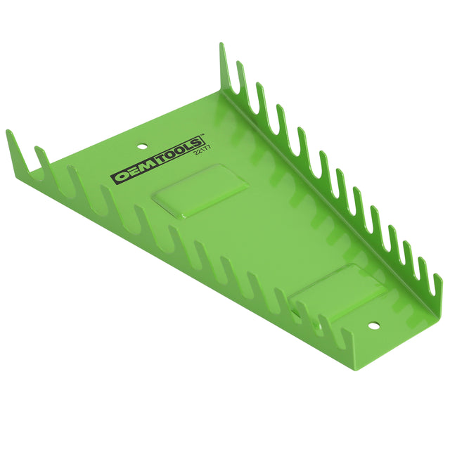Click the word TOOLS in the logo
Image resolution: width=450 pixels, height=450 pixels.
click(x=179, y=151)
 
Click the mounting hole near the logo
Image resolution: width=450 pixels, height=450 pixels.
click(x=141, y=147)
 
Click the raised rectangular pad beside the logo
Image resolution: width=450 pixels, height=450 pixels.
click(x=200, y=190)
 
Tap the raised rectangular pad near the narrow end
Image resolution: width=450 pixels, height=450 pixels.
click(x=337, y=292)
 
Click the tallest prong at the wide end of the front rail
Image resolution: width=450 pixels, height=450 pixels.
click(x=18, y=152)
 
